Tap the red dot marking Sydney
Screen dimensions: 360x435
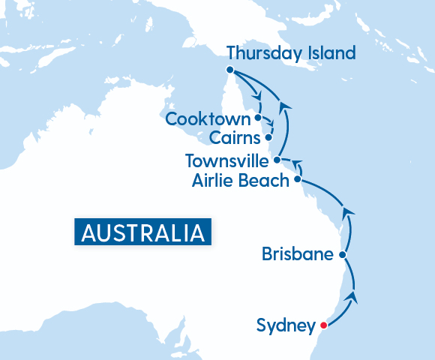click(x=323, y=325)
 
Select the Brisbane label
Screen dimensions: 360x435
click(x=297, y=254)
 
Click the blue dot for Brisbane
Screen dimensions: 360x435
click(x=343, y=255)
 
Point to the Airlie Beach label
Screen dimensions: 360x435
click(x=240, y=181)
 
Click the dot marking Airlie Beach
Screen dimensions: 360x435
click(x=298, y=180)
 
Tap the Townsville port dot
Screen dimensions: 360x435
click(x=277, y=160)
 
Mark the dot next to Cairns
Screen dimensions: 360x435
click(x=268, y=138)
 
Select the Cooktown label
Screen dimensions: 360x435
click(x=207, y=118)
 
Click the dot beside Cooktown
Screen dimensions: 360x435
click(x=258, y=118)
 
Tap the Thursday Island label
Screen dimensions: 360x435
click(x=290, y=53)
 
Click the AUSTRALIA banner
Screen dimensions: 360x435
click(x=142, y=231)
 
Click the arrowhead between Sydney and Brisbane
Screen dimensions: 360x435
click(x=352, y=298)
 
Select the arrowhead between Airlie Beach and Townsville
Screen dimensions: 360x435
click(x=295, y=162)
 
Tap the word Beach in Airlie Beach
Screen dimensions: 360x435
click(x=265, y=181)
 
